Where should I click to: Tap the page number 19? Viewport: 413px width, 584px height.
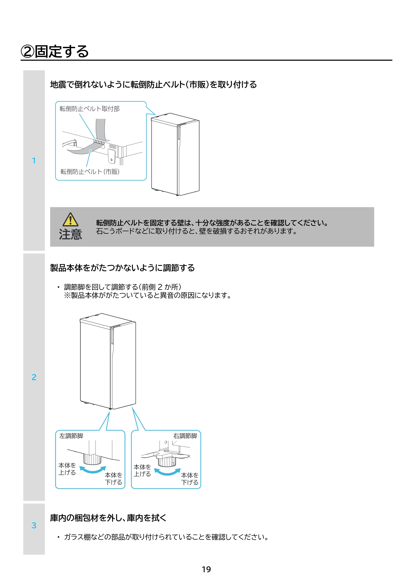pos(206,569)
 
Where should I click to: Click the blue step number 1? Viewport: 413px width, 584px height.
pos(34,161)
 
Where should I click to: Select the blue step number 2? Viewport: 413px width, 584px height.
pos(34,377)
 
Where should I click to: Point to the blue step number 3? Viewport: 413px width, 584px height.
pos(34,525)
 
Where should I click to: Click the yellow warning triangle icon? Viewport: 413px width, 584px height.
pos(70,219)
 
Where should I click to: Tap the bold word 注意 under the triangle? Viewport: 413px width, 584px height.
pos(70,234)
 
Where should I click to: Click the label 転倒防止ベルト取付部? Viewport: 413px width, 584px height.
pos(90,109)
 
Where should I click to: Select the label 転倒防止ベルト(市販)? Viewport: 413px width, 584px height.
pos(90,172)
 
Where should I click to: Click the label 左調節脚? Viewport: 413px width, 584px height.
pos(71,436)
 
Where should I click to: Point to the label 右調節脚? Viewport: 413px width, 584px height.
pos(185,436)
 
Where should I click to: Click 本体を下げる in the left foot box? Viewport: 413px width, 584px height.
pos(114,479)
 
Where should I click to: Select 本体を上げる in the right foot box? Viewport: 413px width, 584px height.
pos(142,470)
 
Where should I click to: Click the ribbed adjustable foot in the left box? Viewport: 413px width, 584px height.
pos(93,459)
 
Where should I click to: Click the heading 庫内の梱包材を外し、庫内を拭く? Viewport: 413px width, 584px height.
pos(108,518)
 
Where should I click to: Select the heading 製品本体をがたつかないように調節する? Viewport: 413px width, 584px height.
pos(122,268)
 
